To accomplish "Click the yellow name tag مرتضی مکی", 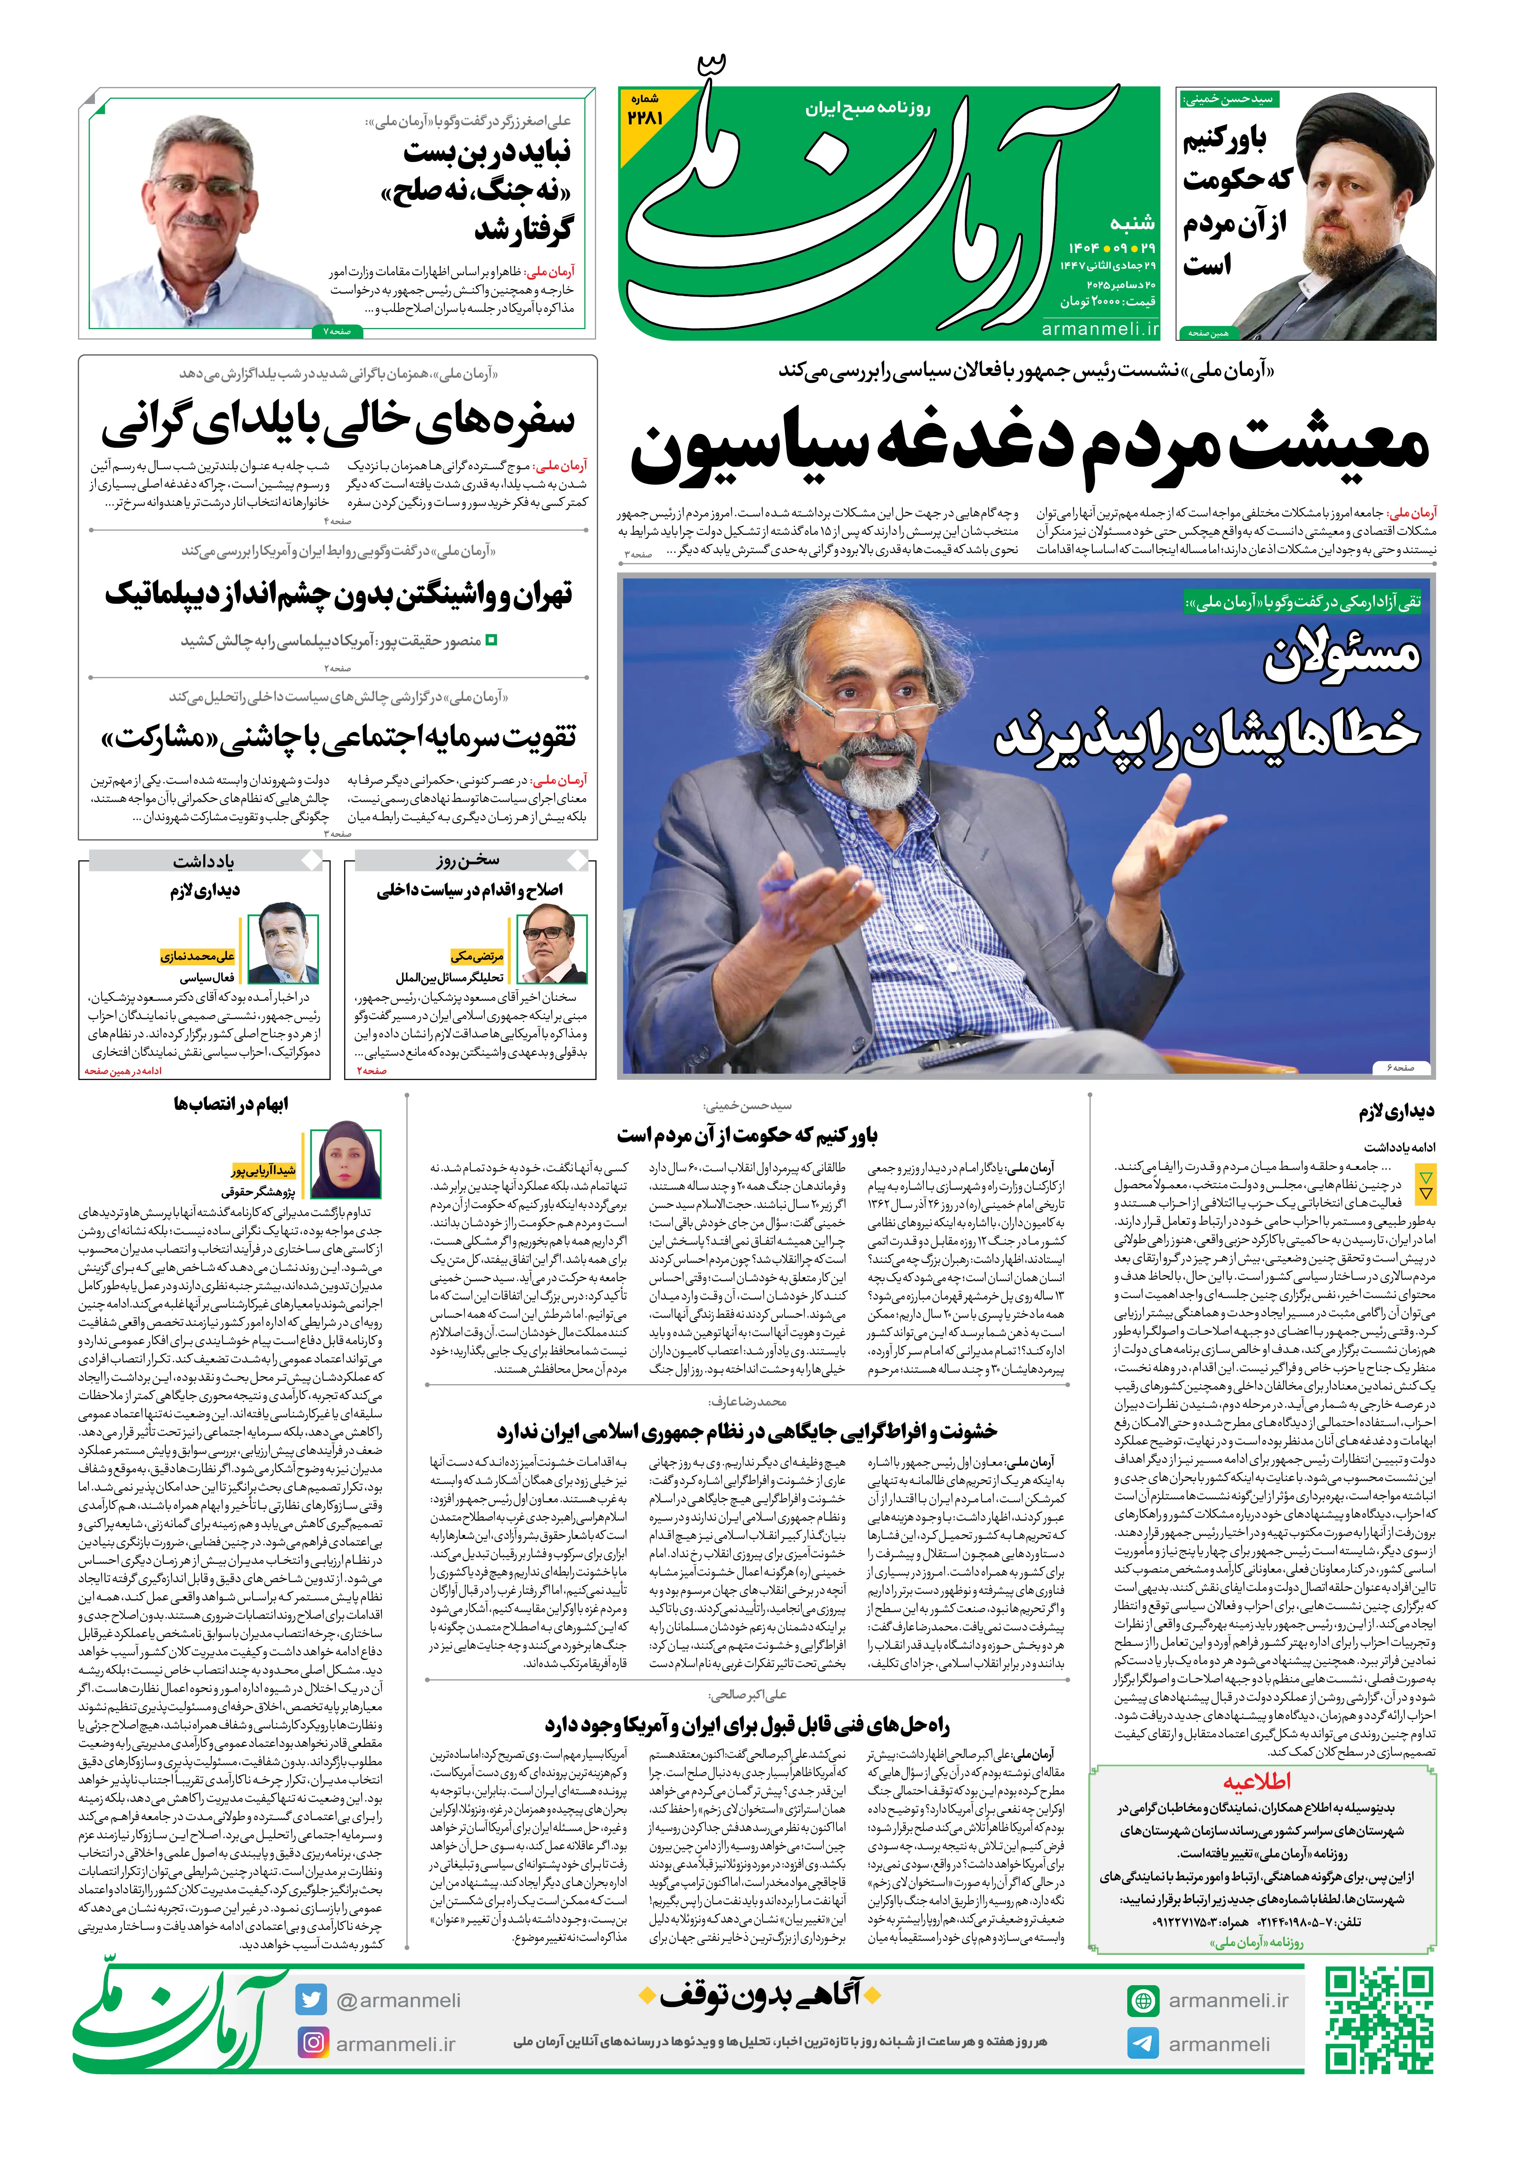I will [478, 956].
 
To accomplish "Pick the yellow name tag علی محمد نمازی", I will [198, 956].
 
